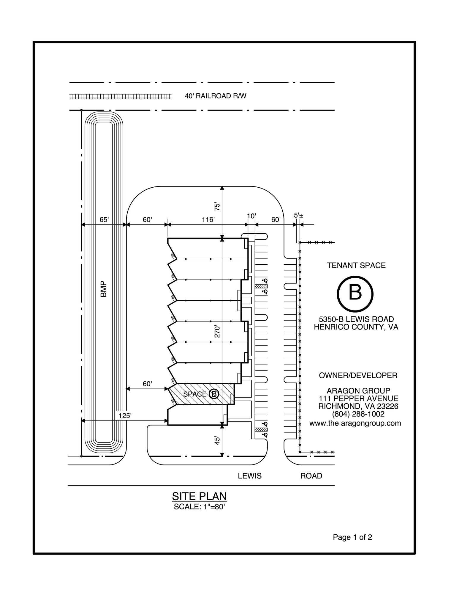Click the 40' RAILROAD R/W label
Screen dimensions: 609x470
[x=215, y=96]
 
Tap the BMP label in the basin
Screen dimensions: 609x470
[x=103, y=289]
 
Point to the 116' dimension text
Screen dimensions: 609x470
[x=208, y=220]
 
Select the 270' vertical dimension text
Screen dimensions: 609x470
[x=217, y=332]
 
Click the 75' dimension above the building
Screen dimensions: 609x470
[x=217, y=206]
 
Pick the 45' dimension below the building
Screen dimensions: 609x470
[x=217, y=440]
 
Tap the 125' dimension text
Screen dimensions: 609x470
[x=125, y=416]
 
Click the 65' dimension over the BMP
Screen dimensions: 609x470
[x=104, y=220]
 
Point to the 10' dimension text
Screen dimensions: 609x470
[x=251, y=216]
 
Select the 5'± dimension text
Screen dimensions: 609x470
[x=298, y=215]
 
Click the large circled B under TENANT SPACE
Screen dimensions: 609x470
[x=355, y=293]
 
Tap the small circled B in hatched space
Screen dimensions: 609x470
[x=214, y=394]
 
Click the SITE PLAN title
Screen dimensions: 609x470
[x=199, y=496]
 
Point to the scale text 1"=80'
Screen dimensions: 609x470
[x=199, y=507]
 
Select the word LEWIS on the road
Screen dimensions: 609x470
[x=249, y=476]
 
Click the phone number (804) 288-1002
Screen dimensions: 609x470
[x=358, y=414]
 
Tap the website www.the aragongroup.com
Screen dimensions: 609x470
[x=355, y=423]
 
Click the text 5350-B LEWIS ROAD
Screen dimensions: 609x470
[x=356, y=319]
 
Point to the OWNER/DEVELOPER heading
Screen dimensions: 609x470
[x=358, y=375]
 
